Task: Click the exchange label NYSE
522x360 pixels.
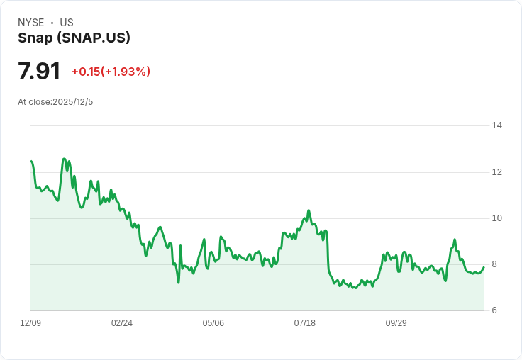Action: (30, 23)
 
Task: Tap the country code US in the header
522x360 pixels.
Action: (67, 23)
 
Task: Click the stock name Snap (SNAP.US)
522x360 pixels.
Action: (74, 38)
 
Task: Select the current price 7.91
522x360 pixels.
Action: (39, 72)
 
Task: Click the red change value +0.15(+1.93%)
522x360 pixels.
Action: (111, 72)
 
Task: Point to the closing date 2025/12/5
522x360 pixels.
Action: (72, 102)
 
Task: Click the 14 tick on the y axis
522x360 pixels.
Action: (496, 125)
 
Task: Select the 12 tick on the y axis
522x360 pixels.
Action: (496, 172)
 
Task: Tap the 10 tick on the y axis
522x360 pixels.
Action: (496, 218)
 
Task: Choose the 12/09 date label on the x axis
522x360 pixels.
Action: (30, 323)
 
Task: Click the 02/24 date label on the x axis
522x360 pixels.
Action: (122, 323)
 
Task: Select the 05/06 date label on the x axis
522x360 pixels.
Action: (213, 323)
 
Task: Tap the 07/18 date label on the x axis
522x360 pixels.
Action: (305, 323)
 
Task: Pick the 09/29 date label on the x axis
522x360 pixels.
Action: (396, 323)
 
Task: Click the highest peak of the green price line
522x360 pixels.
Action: (65, 159)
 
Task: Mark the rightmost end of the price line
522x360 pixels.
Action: (484, 267)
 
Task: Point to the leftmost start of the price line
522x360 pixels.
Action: (31, 162)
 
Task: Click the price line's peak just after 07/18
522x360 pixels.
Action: (309, 210)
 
